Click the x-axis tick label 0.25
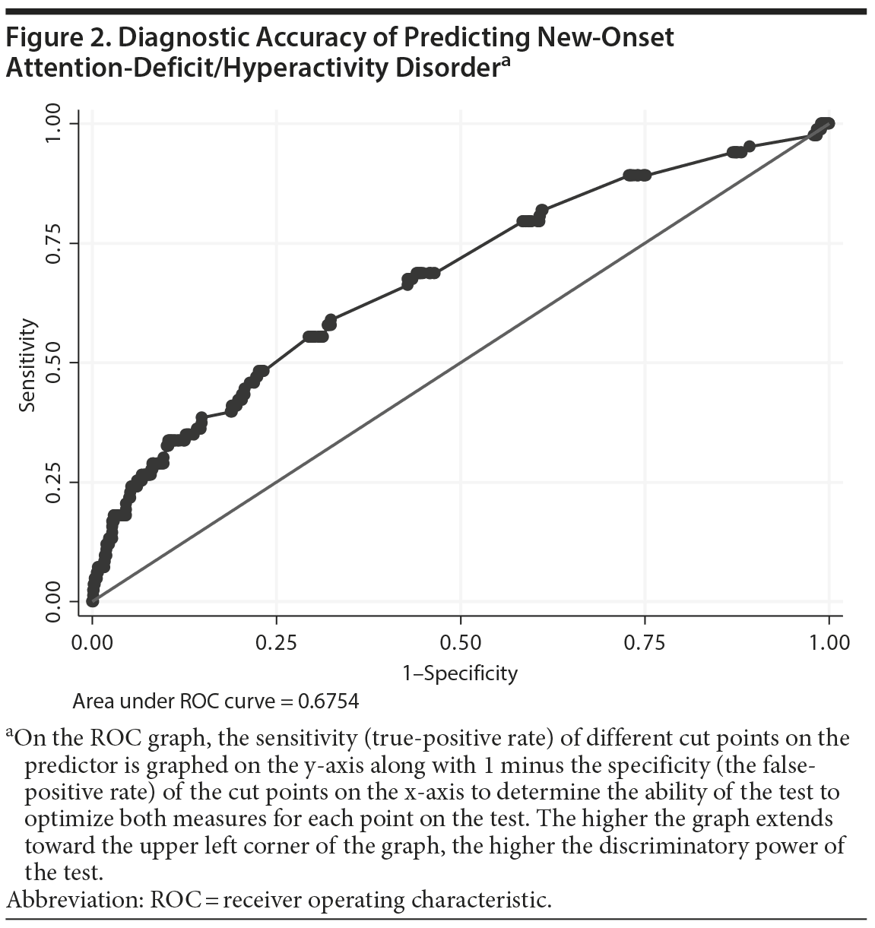(276, 643)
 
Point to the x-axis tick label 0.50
(461, 643)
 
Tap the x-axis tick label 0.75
(645, 643)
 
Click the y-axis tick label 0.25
(52, 482)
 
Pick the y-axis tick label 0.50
(52, 363)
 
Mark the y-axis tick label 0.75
(52, 243)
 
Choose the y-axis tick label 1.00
(52, 124)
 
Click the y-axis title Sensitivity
(28, 365)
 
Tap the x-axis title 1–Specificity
(460, 673)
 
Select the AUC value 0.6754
(328, 701)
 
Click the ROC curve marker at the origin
(92, 601)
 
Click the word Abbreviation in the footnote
(73, 901)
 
